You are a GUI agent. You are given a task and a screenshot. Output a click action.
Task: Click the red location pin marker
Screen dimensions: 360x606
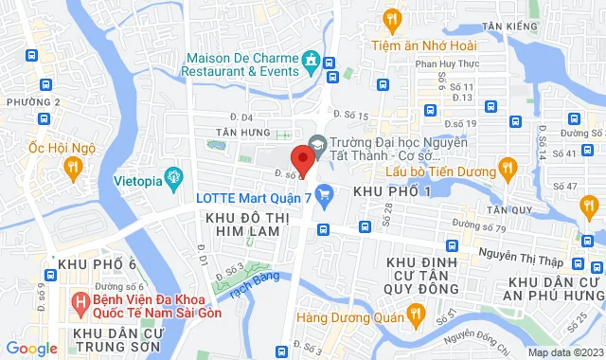click(302, 158)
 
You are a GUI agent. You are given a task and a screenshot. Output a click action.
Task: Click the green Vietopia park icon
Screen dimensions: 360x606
click(173, 176)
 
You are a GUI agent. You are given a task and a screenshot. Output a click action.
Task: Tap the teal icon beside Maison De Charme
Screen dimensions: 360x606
click(310, 63)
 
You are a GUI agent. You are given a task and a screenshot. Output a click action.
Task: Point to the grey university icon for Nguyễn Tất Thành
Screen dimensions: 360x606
click(318, 145)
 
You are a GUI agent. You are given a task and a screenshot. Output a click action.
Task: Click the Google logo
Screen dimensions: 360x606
click(30, 349)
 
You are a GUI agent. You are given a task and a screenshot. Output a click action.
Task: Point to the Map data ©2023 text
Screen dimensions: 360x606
click(564, 352)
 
